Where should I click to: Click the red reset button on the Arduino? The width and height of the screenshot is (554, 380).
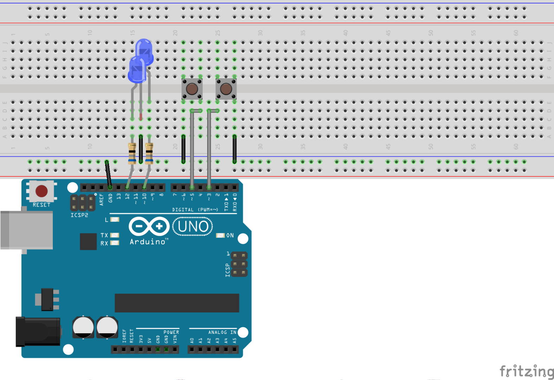tap(42, 191)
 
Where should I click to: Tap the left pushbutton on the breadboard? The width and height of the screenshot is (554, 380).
tap(192, 89)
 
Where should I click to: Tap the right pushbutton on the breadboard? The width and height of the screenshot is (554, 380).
tap(226, 89)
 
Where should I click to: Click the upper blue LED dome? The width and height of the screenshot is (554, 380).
tap(145, 47)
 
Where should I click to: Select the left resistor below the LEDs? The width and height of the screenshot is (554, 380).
tap(132, 153)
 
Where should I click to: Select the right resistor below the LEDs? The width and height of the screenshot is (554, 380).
tap(149, 153)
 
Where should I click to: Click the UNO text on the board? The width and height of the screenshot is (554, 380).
tap(193, 227)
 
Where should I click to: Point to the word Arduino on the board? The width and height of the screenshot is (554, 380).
tap(148, 242)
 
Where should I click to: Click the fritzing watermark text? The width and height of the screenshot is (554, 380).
tap(526, 371)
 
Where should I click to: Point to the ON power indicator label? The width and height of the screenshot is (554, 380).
tap(230, 235)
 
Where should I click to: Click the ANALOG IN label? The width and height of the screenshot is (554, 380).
tap(222, 332)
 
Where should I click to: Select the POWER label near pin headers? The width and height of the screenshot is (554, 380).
tap(171, 332)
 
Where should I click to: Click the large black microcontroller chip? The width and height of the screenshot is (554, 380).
tap(177, 303)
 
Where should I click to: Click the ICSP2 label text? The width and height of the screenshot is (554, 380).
tap(79, 215)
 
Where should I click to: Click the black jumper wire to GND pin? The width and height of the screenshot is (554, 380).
tap(108, 174)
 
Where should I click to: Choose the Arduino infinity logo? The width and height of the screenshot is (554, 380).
tap(149, 226)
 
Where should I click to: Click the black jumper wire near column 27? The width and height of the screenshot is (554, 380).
tap(235, 149)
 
